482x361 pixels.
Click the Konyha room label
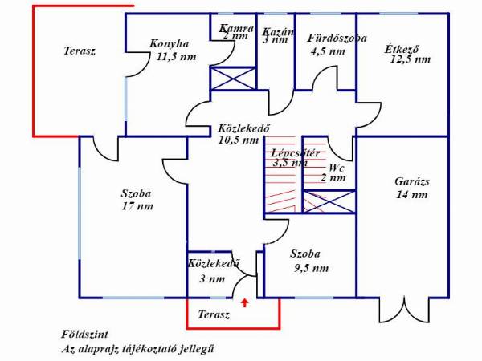(170, 44)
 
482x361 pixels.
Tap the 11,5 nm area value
(176, 57)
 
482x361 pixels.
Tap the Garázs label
(413, 181)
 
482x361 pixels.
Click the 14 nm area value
(412, 195)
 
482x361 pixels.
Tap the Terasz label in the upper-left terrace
(80, 51)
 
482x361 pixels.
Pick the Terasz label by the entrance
(214, 315)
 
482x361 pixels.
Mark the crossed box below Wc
(329, 201)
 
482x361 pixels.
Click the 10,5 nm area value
(239, 140)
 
